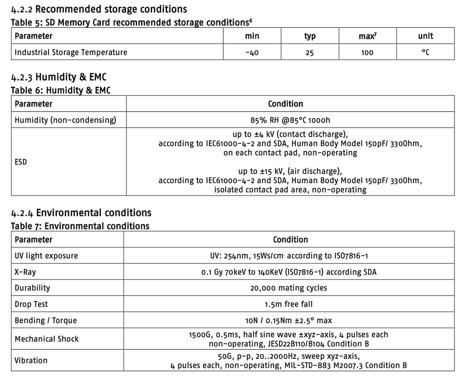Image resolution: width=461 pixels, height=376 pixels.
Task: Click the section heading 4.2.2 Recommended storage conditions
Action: [x=99, y=9]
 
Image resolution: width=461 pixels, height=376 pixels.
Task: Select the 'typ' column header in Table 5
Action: [x=310, y=36]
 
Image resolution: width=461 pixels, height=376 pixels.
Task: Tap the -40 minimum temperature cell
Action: [x=252, y=52]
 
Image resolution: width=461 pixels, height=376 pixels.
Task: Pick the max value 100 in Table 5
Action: [x=367, y=52]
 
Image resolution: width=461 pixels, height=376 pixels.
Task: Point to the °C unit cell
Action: [x=425, y=52]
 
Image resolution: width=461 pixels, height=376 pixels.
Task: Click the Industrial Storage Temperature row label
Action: [x=71, y=52]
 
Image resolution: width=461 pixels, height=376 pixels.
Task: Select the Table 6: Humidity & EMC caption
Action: [x=61, y=90]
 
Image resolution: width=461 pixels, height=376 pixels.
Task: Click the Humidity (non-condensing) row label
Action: [x=65, y=120]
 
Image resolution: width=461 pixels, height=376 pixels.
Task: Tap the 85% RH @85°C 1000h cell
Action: [x=290, y=120]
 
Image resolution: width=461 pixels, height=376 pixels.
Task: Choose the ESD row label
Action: [x=21, y=162]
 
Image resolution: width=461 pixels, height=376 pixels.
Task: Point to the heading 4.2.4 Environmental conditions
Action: [x=81, y=212]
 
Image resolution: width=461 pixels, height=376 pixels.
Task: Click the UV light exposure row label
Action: [x=46, y=256]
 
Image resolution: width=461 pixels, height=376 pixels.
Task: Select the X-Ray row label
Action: [x=25, y=272]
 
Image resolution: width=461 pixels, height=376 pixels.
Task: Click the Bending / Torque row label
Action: [x=46, y=320]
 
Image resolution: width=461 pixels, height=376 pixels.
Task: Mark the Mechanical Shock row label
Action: [x=47, y=339]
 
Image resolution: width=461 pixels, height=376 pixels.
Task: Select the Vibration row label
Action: [x=31, y=360]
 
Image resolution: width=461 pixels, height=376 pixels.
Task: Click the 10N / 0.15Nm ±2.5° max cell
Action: [x=288, y=320]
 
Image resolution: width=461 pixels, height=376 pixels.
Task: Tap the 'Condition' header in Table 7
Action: [x=290, y=239]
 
